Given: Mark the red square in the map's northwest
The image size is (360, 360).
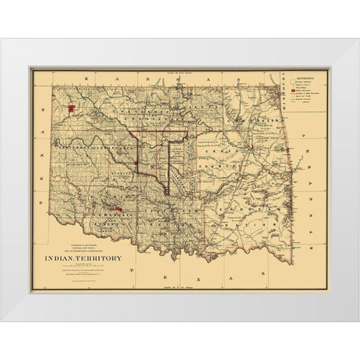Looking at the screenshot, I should tap(71, 107).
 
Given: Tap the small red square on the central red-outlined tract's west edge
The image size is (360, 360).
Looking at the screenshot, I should tap(134, 164).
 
